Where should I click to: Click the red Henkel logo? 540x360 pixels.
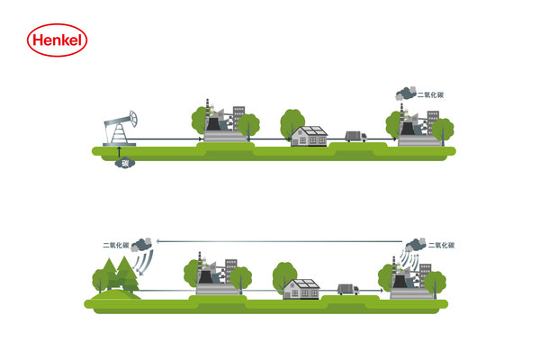click(x=55, y=41)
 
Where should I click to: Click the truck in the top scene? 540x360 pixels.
click(x=355, y=137)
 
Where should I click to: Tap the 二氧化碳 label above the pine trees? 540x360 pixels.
click(x=118, y=244)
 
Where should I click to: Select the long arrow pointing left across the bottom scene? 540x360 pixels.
click(x=279, y=240)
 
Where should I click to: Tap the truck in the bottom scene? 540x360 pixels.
click(x=346, y=290)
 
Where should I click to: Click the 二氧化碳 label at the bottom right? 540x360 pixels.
click(x=441, y=245)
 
